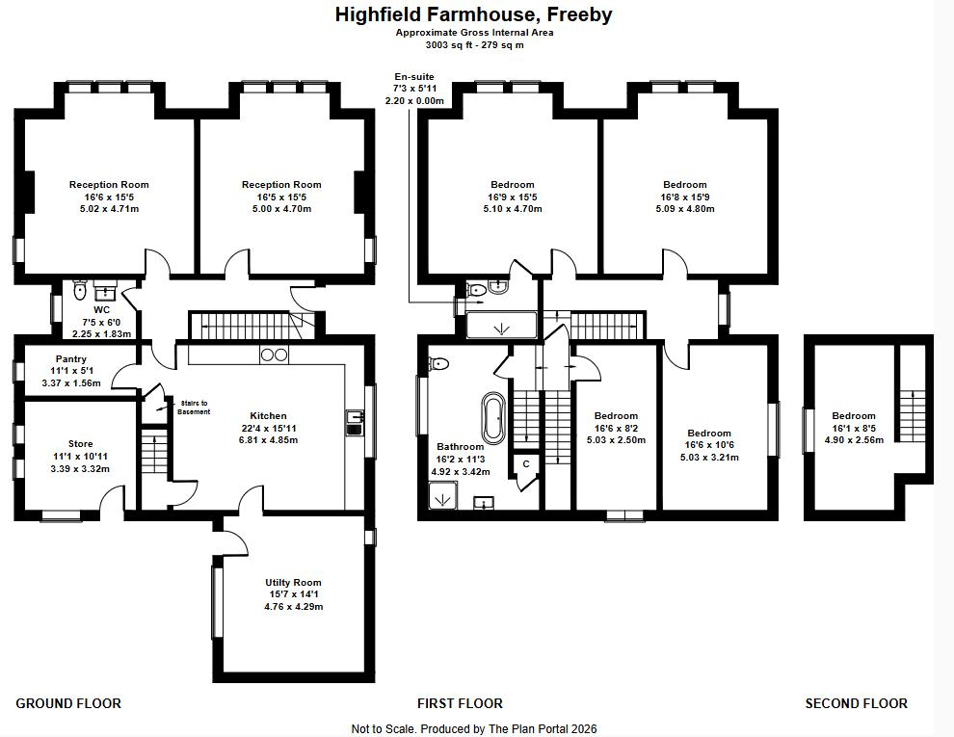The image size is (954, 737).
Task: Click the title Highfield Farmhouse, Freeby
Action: pyautogui.click(x=473, y=14)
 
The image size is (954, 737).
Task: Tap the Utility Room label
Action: pyautogui.click(x=293, y=583)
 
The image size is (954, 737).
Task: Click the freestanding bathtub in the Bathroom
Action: pyautogui.click(x=493, y=418)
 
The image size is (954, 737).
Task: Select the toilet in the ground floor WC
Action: pyautogui.click(x=80, y=290)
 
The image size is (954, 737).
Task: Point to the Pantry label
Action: pyautogui.click(x=71, y=359)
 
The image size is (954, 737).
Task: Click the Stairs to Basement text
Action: pyautogui.click(x=194, y=408)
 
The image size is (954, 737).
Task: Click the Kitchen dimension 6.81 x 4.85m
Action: pyautogui.click(x=268, y=440)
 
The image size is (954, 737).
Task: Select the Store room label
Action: pyautogui.click(x=80, y=444)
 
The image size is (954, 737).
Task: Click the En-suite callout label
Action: pyautogui.click(x=414, y=77)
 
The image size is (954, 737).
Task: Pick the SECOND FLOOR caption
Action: pyautogui.click(x=856, y=703)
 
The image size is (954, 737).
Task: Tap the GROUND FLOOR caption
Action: pyautogui.click(x=68, y=703)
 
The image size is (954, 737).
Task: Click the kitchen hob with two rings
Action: pyautogui.click(x=274, y=355)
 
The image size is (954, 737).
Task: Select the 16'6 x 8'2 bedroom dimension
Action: pyautogui.click(x=617, y=428)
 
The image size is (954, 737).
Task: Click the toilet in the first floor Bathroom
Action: pyautogui.click(x=438, y=363)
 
